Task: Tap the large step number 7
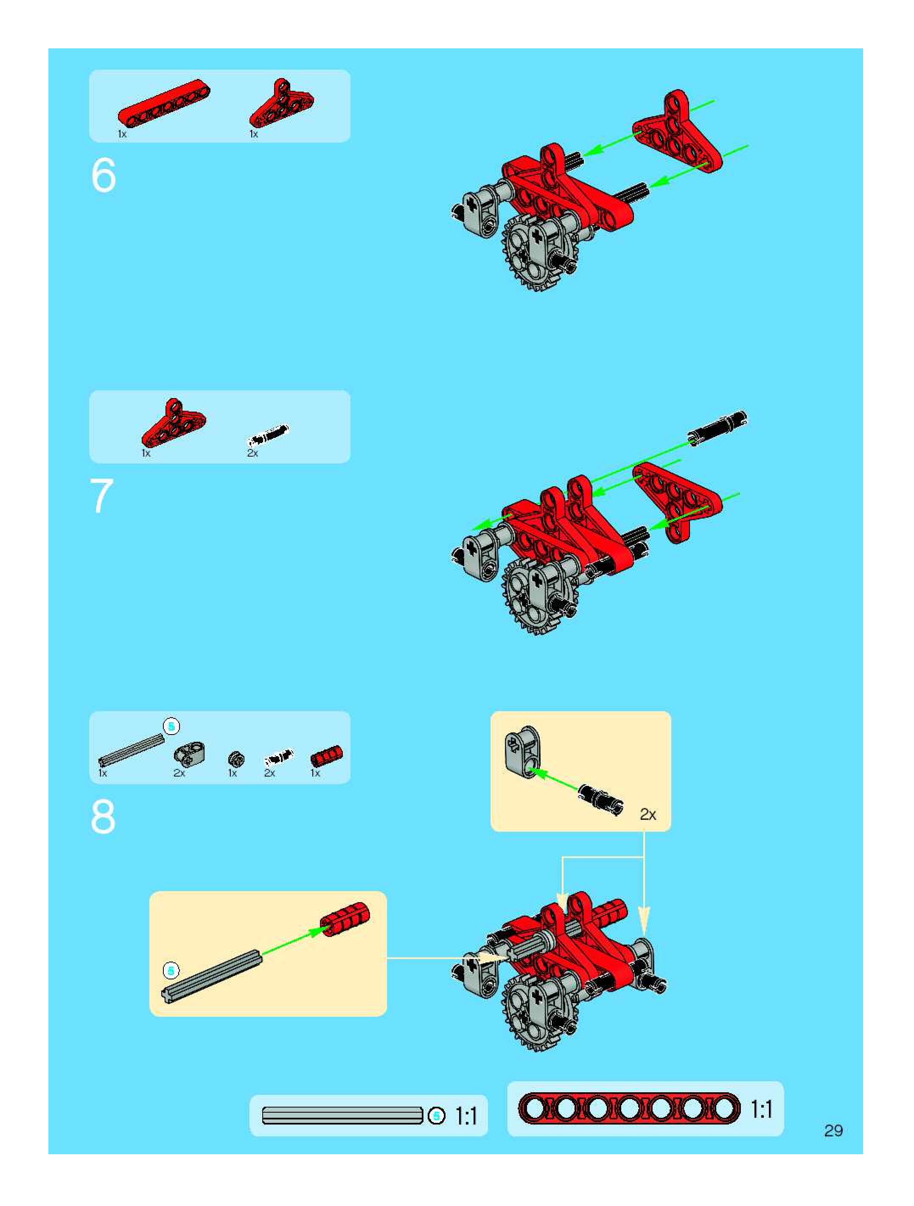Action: tap(102, 496)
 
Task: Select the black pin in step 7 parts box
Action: tap(268, 435)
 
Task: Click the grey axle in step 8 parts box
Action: tap(132, 750)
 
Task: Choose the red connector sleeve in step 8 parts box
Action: tap(326, 756)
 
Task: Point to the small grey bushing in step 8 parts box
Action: tap(236, 759)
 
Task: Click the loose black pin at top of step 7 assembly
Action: tap(717, 429)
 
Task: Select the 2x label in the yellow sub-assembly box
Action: tap(648, 815)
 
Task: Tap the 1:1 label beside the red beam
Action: tap(761, 1110)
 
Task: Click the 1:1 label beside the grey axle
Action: tap(466, 1116)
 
